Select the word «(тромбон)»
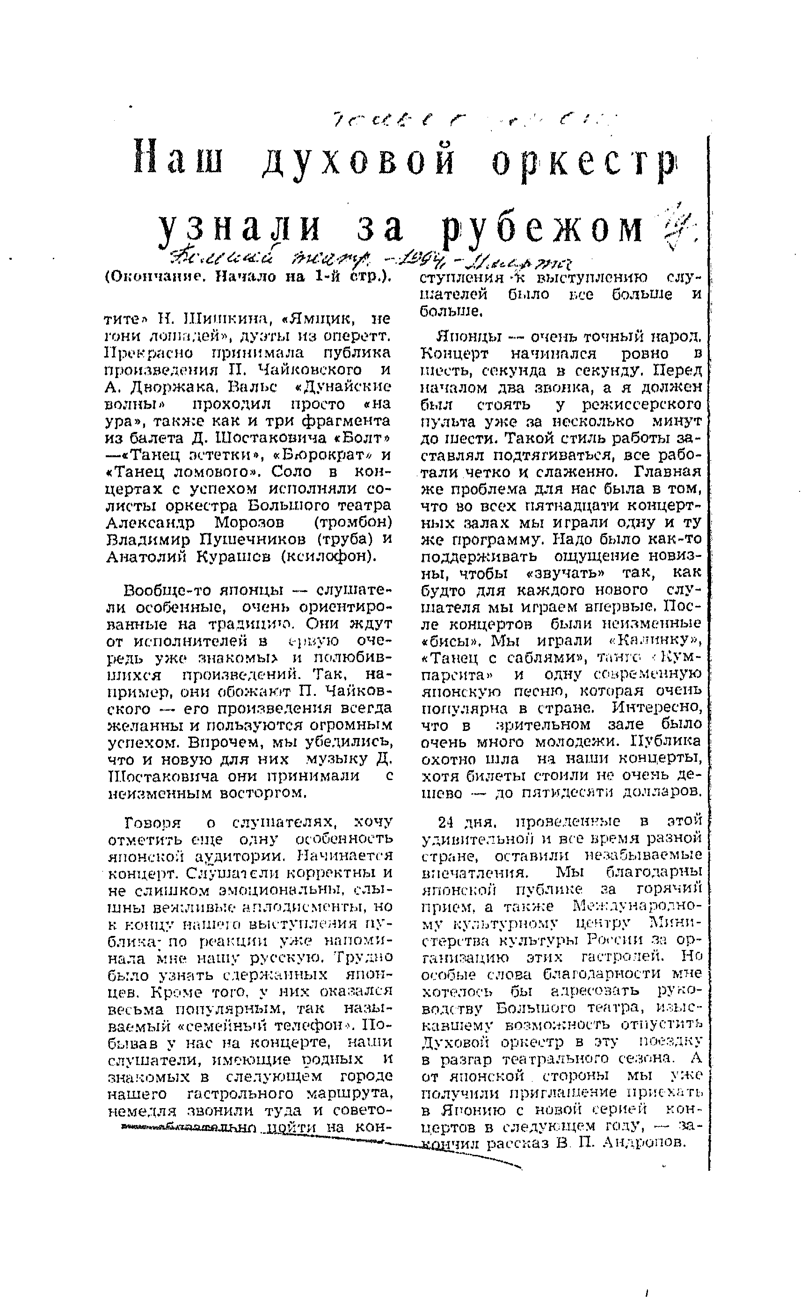[353, 523]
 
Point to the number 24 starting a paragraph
[446, 823]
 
